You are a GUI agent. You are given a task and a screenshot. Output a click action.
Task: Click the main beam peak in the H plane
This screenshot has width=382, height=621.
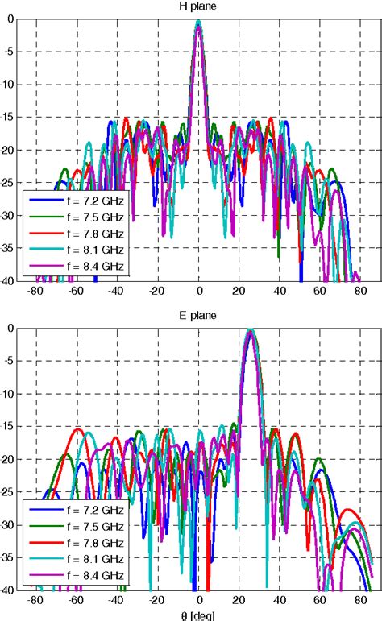coord(198,23)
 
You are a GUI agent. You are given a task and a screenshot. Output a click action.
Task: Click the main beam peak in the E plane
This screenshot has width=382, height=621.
coord(251,330)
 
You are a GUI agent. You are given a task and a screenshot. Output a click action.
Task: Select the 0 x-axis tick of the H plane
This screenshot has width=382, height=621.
coord(198,291)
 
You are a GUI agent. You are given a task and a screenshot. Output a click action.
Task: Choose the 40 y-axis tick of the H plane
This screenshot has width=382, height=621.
coord(8,280)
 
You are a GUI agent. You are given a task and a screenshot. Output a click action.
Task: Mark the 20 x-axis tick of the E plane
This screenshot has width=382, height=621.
coord(239,600)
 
